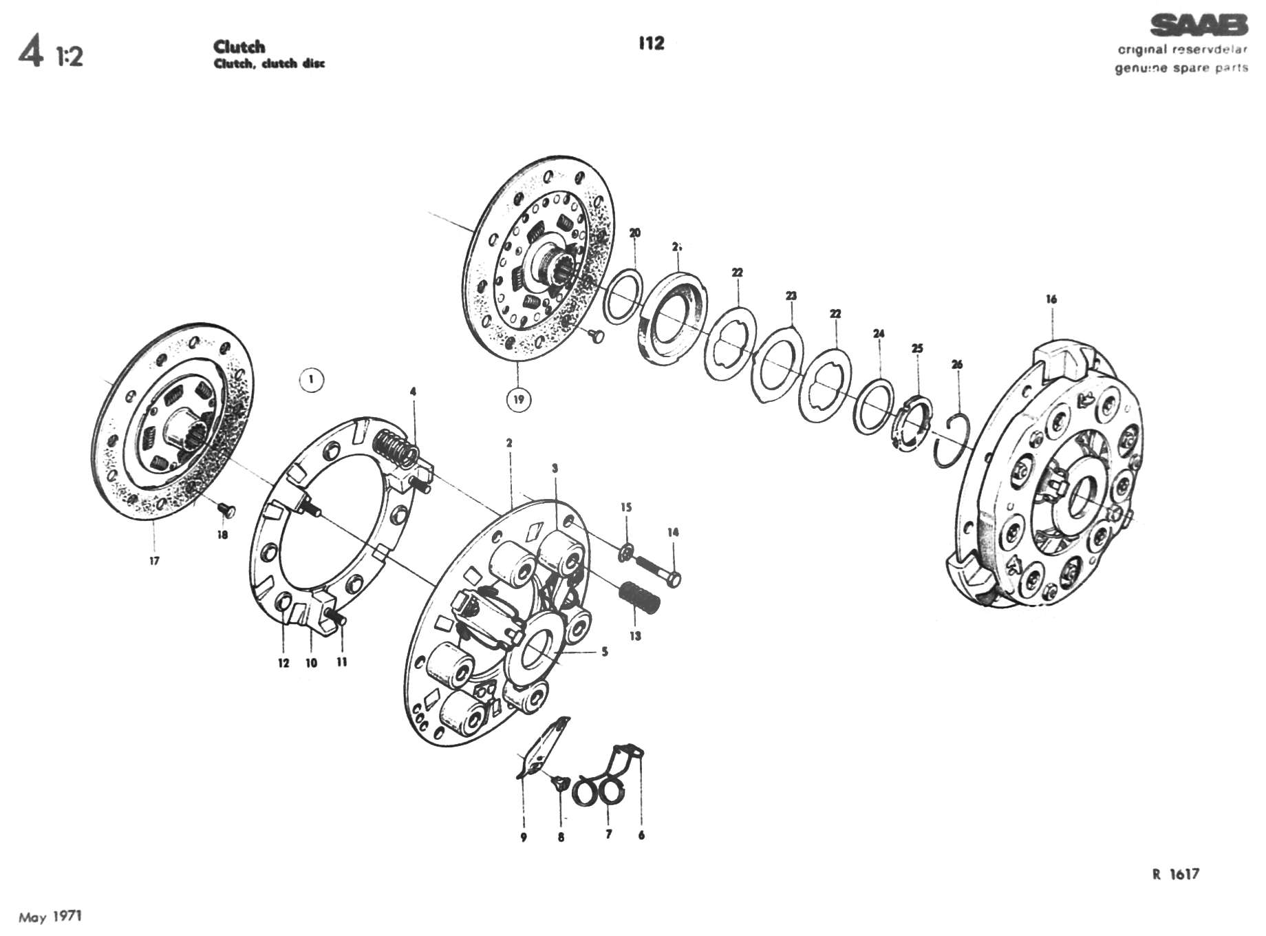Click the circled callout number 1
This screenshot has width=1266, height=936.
pos(312,379)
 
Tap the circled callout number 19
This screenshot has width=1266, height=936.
pos(519,399)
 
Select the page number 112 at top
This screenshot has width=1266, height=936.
pos(650,43)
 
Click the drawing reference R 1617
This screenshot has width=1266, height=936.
pos(1175,875)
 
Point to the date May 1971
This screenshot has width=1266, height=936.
pos(50,916)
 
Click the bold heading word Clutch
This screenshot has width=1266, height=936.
pos(239,47)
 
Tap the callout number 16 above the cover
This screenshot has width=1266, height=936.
pos(1051,299)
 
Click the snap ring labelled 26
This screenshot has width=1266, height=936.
pos(952,440)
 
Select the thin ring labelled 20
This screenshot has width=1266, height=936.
pos(623,296)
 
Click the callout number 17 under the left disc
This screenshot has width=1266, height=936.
pos(154,561)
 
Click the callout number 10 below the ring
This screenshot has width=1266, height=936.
pos(311,663)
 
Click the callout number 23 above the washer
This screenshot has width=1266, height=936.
pos(791,296)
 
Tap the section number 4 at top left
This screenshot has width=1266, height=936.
pos(30,52)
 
